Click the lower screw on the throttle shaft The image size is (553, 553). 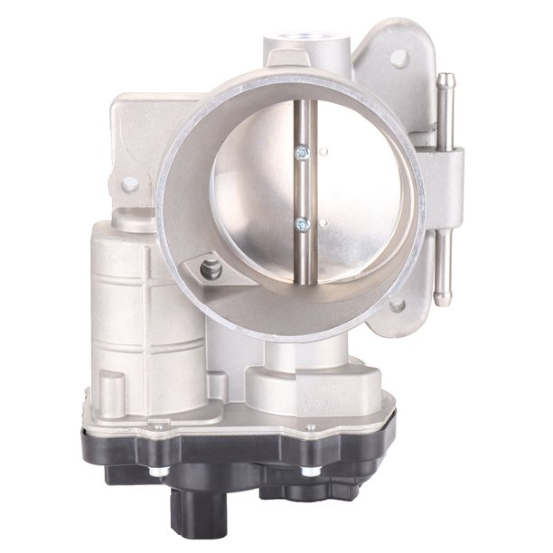pos(302,224)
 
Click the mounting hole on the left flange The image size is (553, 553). pos(130,183)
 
